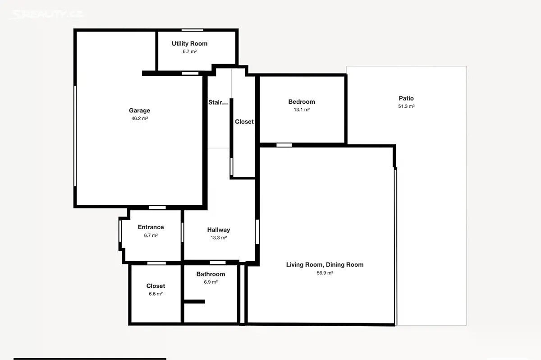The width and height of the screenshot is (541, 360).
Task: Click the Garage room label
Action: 139,111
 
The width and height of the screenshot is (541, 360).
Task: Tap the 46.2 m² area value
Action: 140,118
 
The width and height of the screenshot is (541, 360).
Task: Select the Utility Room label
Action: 190,43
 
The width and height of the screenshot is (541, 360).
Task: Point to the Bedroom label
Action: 302,102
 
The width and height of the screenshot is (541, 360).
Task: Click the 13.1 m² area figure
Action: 302,110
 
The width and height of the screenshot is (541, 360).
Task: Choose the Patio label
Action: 406,98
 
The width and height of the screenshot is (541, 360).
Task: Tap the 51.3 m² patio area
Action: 407,106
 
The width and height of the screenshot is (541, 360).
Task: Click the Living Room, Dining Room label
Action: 325,265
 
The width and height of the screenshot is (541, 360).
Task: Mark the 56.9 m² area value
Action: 325,273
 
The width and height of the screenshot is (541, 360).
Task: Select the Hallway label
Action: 219,230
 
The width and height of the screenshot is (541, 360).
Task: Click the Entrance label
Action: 151,227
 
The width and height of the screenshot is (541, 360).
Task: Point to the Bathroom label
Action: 211,274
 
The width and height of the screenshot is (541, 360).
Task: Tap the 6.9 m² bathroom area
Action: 211,282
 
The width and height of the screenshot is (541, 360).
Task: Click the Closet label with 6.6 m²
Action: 156,286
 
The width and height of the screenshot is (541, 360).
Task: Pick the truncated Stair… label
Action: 218,102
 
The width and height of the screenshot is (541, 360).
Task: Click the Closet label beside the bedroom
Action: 244,121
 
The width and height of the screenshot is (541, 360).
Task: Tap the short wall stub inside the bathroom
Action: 194,301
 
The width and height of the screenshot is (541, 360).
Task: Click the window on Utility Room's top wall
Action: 193,30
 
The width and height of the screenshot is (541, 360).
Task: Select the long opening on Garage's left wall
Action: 75,136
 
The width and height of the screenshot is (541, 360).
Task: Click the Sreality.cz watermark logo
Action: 46,14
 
